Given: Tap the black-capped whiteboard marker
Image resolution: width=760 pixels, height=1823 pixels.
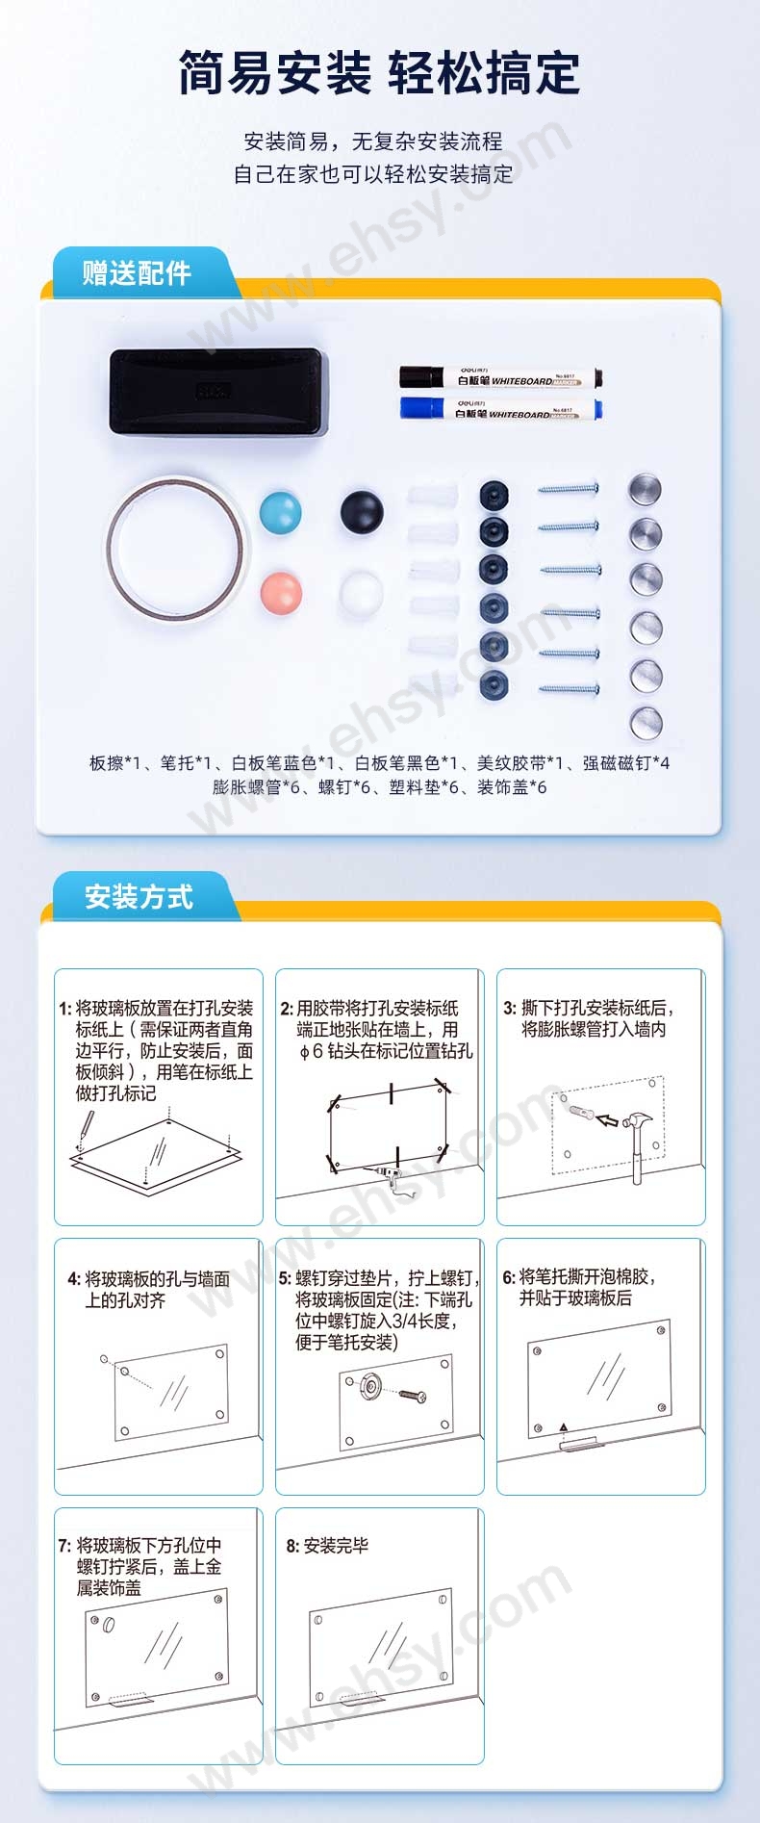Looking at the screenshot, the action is pyautogui.click(x=500, y=378).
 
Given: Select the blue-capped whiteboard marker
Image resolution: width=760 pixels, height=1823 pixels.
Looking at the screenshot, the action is pyautogui.click(x=500, y=409).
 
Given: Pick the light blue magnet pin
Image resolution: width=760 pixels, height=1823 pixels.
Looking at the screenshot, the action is pyautogui.click(x=280, y=511).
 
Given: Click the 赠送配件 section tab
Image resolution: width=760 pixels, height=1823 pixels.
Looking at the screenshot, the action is pyautogui.click(x=137, y=273).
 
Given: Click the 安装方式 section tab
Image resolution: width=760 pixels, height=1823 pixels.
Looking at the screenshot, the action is pyautogui.click(x=139, y=897).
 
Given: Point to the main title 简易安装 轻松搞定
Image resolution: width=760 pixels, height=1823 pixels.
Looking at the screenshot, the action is pyautogui.click(x=380, y=73).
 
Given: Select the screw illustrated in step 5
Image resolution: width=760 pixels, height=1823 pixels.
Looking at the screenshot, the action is pyautogui.click(x=414, y=1395).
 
